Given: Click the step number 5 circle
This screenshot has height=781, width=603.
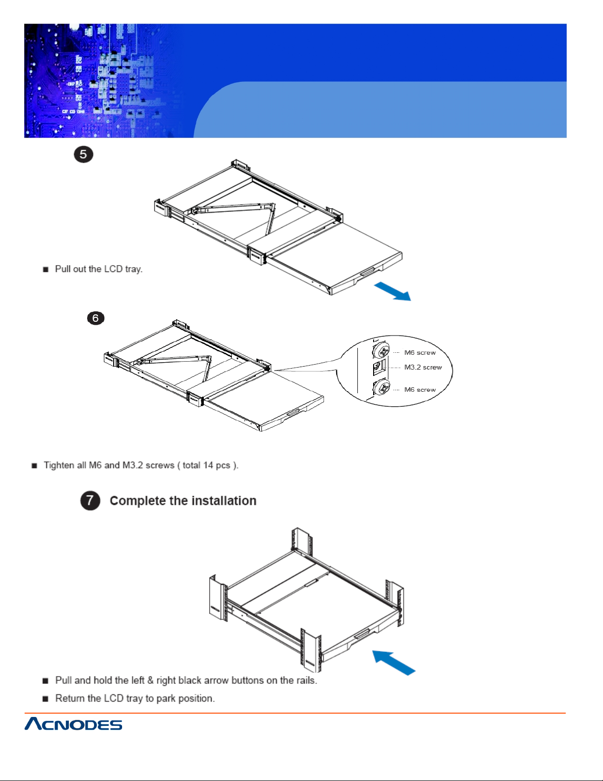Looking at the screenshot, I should [84, 154].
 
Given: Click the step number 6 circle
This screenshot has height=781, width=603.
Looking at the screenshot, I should [95, 318].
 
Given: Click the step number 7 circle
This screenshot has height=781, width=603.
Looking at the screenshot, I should [90, 501].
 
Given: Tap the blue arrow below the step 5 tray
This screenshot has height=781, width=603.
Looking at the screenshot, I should [392, 291].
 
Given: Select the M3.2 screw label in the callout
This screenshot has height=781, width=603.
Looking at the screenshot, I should [423, 368].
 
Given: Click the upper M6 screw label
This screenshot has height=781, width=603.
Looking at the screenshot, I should [420, 353].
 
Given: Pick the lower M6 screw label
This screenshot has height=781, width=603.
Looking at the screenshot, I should [420, 390].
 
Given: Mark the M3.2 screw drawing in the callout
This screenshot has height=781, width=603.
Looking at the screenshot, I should [378, 367].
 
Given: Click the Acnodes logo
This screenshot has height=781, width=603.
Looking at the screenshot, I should [73, 724].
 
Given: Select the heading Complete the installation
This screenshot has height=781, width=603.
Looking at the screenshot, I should [183, 501].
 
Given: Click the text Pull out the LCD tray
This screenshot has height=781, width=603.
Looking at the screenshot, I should [98, 269].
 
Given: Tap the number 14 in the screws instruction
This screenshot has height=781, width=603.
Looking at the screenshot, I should [208, 465].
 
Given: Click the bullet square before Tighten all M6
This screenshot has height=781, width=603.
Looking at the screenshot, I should [34, 466].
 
